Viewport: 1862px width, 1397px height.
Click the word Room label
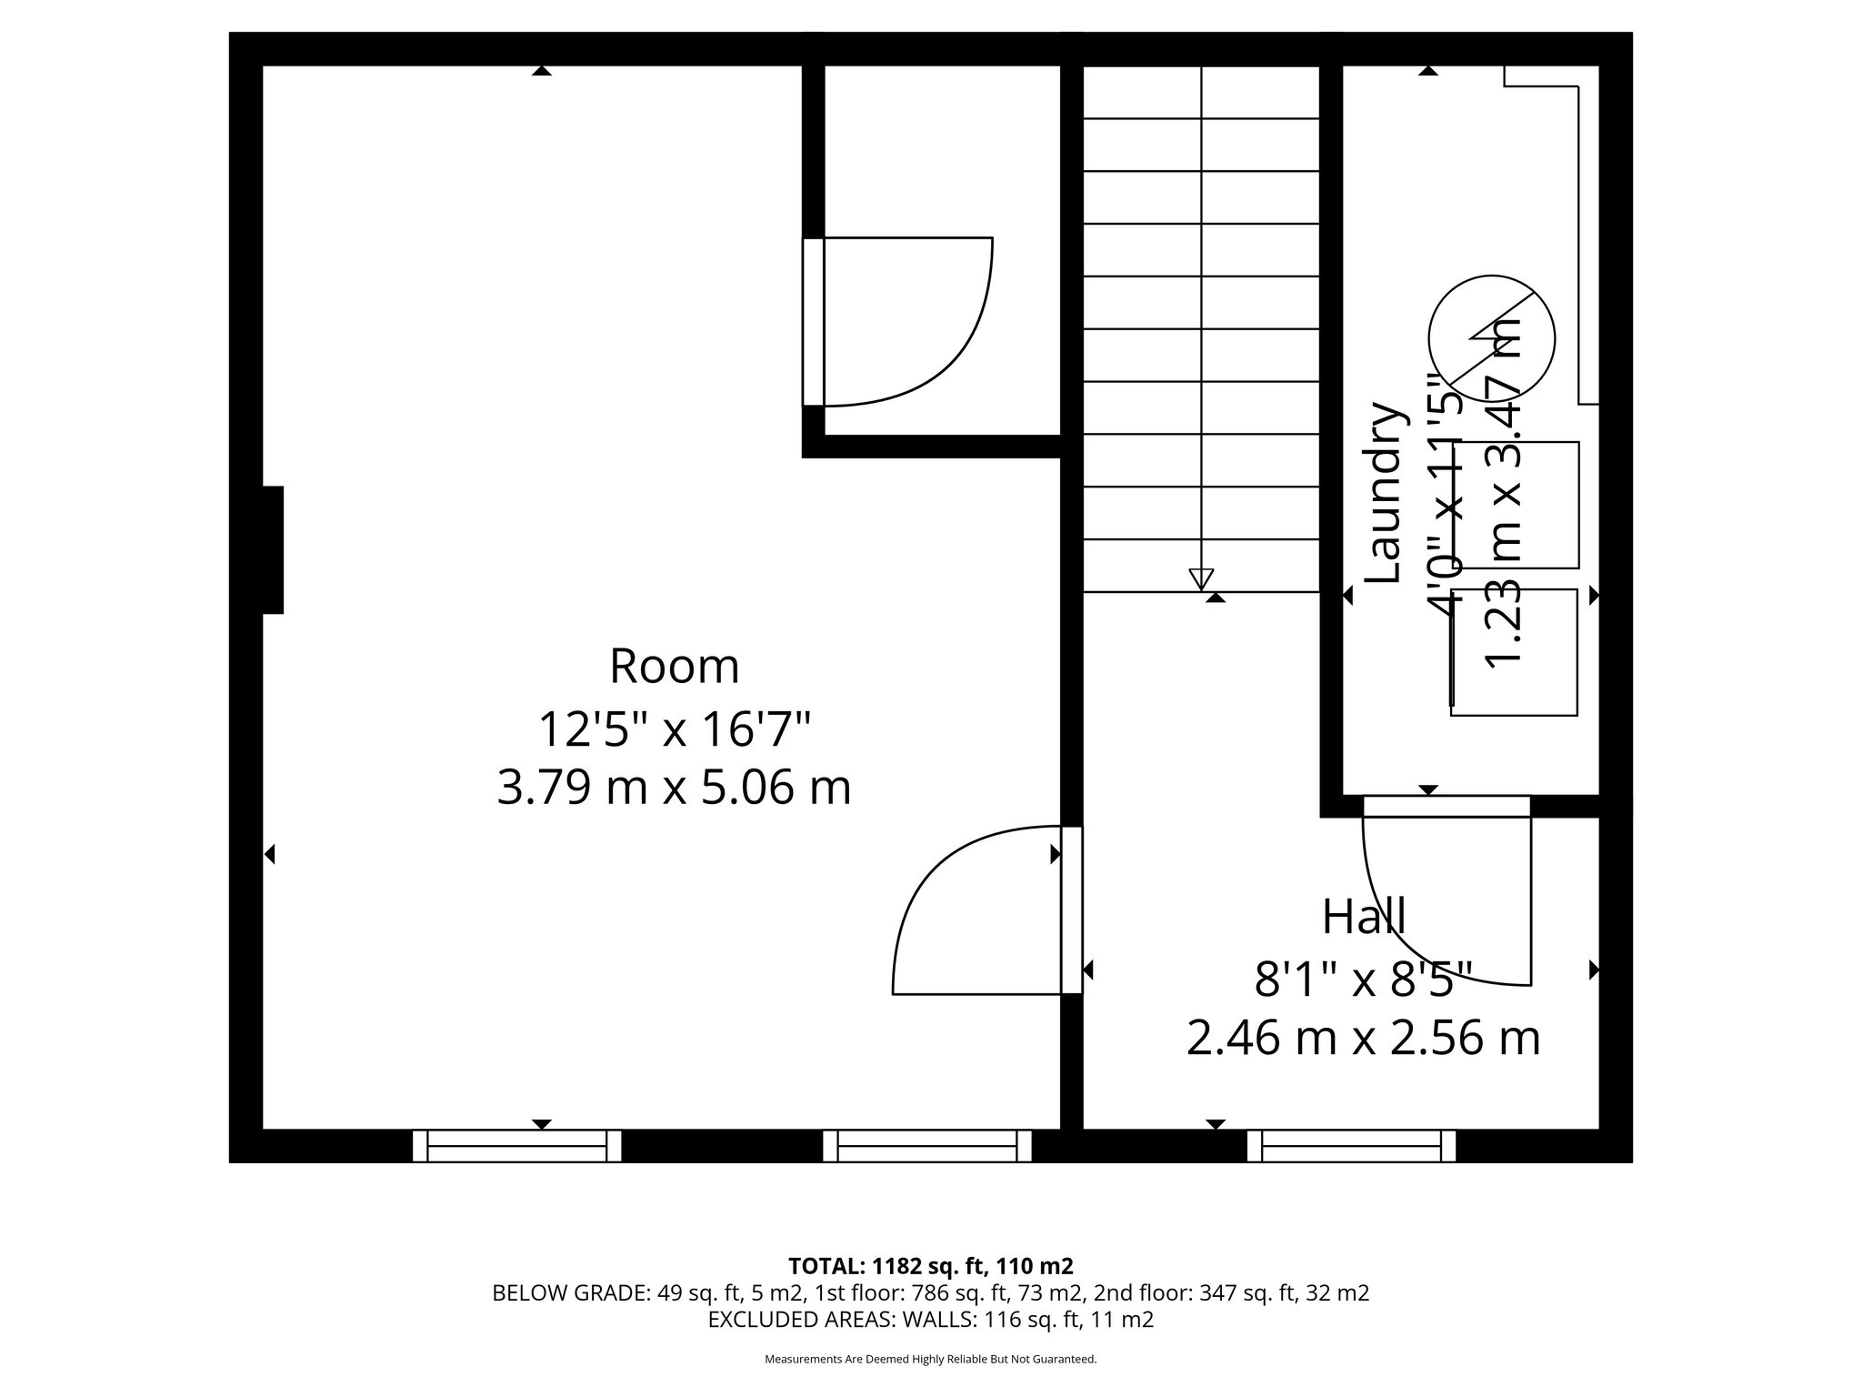click(x=674, y=667)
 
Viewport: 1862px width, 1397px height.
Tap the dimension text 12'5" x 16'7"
click(x=674, y=729)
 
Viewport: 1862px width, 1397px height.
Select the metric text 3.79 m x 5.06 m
click(x=674, y=788)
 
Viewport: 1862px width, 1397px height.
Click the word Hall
click(x=1364, y=917)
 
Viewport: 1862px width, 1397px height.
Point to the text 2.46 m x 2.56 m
click(x=1363, y=1038)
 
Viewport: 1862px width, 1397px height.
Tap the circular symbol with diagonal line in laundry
click(x=1491, y=337)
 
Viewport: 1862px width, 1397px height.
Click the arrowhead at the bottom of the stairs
click(x=1201, y=578)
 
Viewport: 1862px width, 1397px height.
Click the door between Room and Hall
click(x=1072, y=910)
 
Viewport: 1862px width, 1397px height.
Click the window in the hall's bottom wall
click(x=1351, y=1145)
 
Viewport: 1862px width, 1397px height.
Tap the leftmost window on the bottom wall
click(x=516, y=1145)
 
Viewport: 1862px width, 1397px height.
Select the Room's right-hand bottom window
click(x=927, y=1145)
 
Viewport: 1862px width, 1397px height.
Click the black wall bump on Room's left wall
click(x=273, y=549)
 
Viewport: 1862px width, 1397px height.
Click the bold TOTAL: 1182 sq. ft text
click(x=931, y=1266)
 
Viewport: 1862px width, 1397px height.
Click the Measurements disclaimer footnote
click(x=931, y=1360)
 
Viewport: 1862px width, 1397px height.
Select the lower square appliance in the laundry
click(x=1514, y=651)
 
